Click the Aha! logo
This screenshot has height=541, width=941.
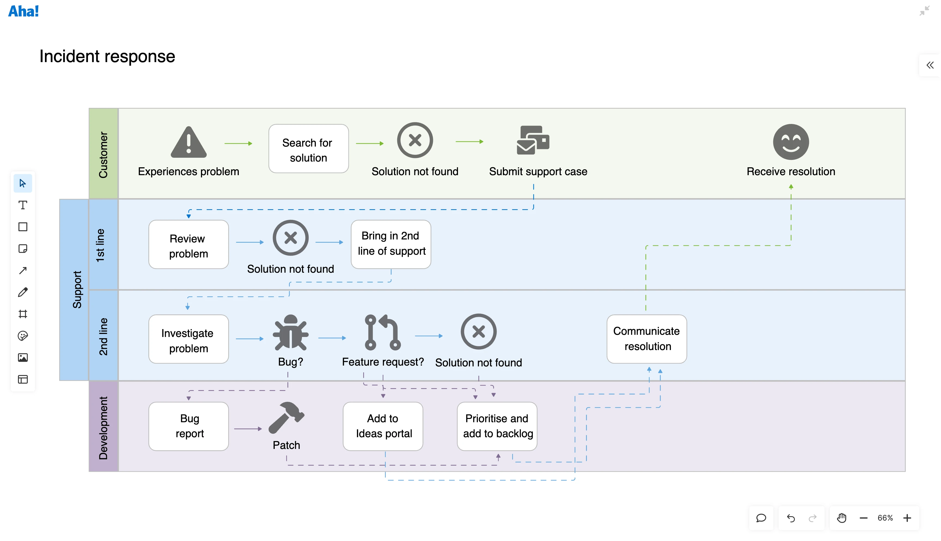pyautogui.click(x=23, y=11)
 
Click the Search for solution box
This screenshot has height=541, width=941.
pyautogui.click(x=308, y=149)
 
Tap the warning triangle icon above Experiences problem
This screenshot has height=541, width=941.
pyautogui.click(x=189, y=142)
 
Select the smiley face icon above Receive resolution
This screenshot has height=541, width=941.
pyautogui.click(x=791, y=142)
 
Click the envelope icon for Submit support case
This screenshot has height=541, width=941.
pyautogui.click(x=533, y=141)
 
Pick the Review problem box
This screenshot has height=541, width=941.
pyautogui.click(x=188, y=245)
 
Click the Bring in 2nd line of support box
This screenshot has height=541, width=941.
pyautogui.click(x=391, y=244)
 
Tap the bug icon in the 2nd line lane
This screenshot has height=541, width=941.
pyautogui.click(x=291, y=333)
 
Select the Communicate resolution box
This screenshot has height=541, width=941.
pyautogui.click(x=646, y=339)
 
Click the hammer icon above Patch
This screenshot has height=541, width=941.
pyautogui.click(x=286, y=418)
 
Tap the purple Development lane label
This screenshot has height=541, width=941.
pyautogui.click(x=103, y=427)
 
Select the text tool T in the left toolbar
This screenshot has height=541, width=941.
pyautogui.click(x=23, y=205)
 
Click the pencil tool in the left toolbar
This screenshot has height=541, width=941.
pyautogui.click(x=23, y=292)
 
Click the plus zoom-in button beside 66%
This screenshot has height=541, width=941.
pyautogui.click(x=907, y=518)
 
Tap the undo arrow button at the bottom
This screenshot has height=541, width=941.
pyautogui.click(x=791, y=518)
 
